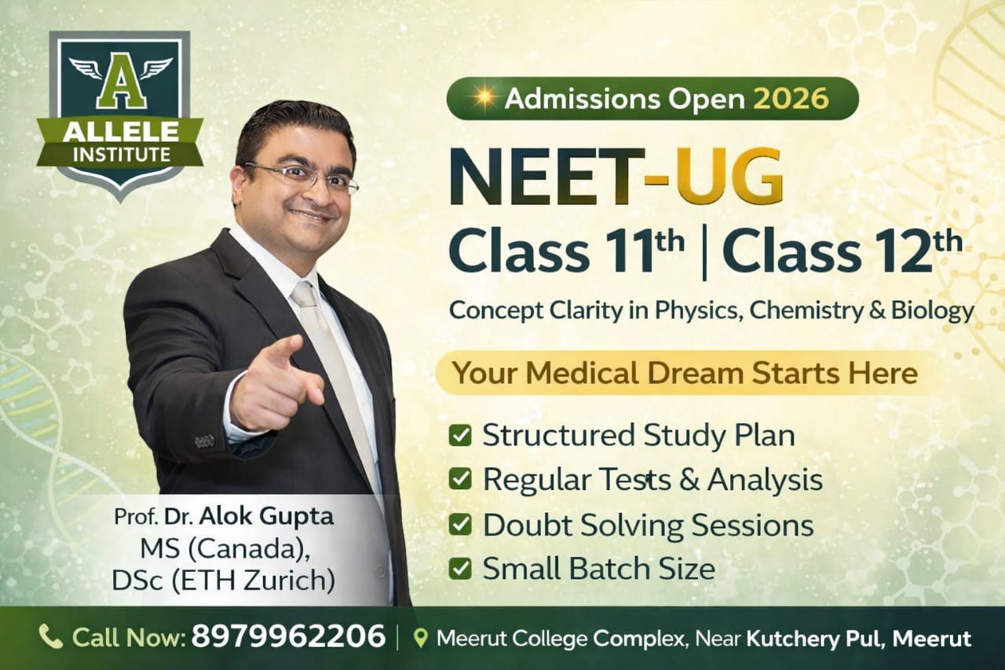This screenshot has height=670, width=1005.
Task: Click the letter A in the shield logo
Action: (120, 86)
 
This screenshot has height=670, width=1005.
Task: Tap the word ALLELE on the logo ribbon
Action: (120, 132)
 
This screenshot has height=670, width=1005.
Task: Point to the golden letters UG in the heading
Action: (730, 177)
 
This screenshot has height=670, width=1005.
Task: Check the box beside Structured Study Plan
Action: (460, 436)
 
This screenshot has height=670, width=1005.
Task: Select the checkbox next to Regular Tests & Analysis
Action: (460, 479)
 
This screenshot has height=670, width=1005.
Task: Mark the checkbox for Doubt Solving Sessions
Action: (460, 525)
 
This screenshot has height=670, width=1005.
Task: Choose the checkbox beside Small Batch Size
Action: (460, 568)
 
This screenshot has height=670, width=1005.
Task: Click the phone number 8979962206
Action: (288, 637)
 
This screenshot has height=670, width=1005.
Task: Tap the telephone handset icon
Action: (51, 637)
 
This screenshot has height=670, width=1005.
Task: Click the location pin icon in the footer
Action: (420, 638)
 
